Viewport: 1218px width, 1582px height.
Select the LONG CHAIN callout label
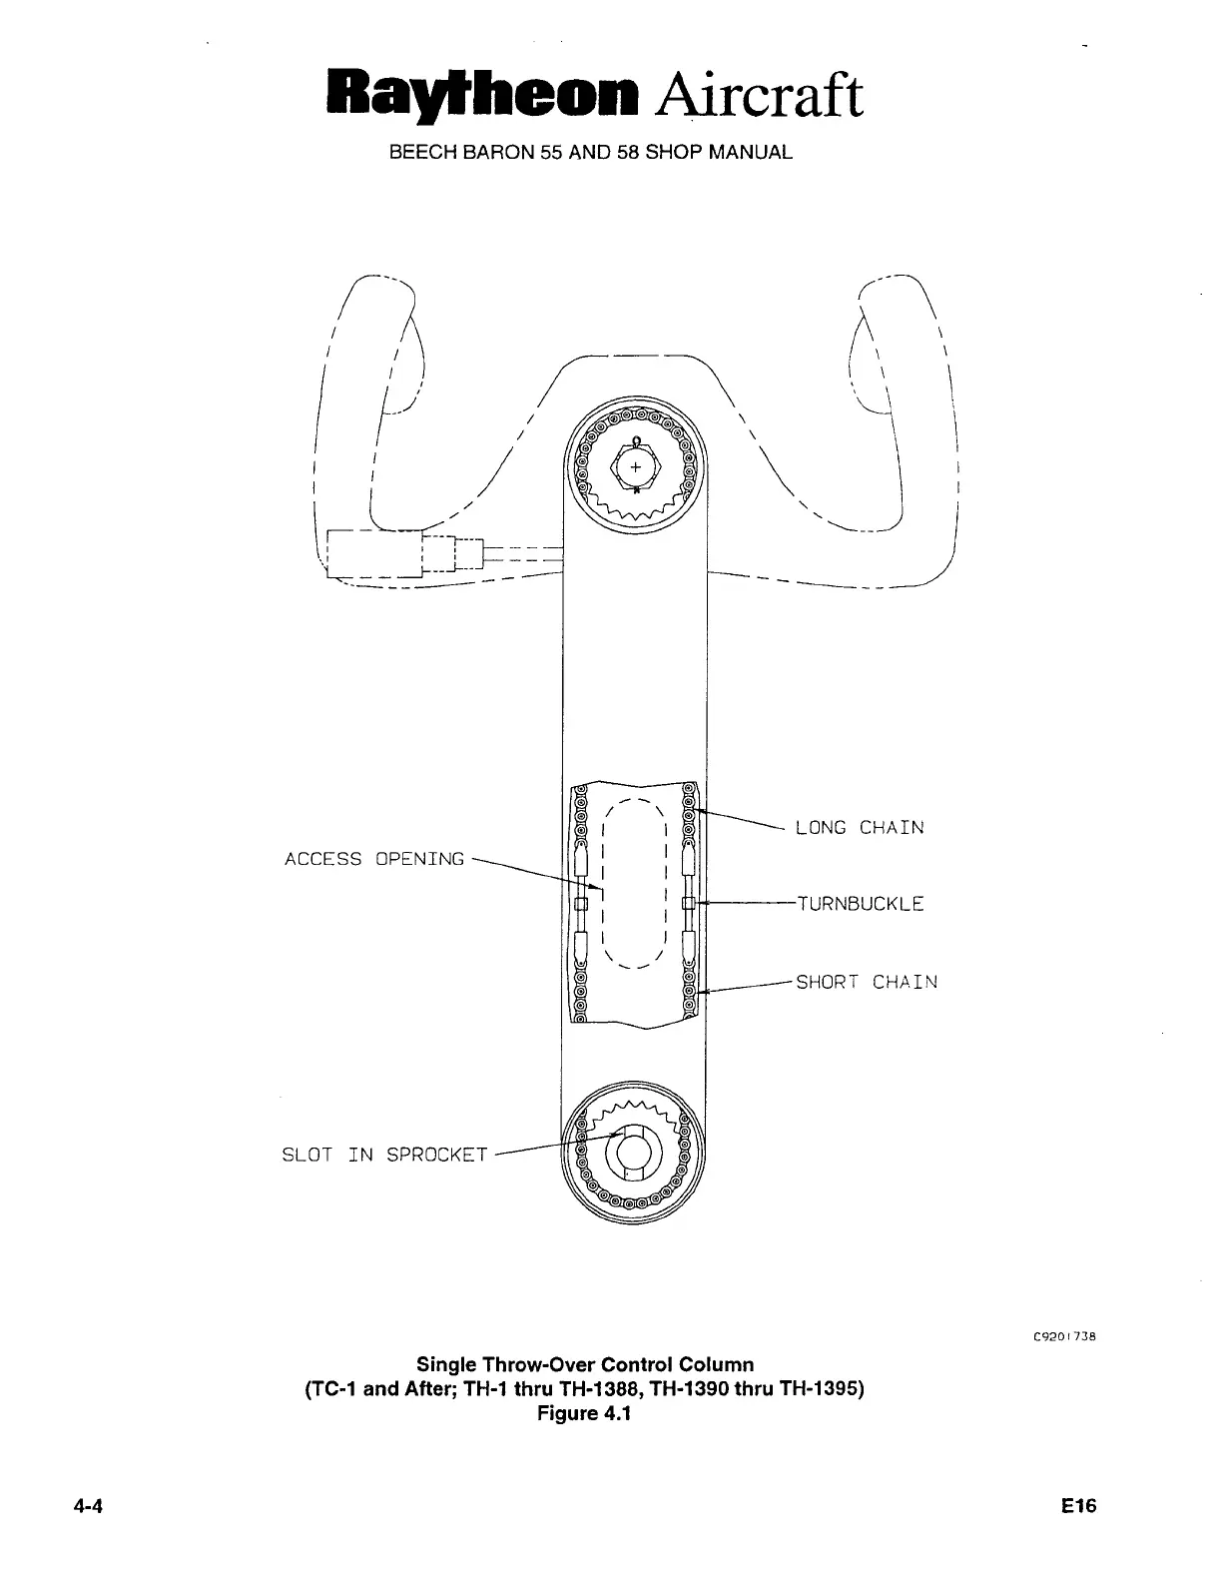click(860, 828)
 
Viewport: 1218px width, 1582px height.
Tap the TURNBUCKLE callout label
click(860, 905)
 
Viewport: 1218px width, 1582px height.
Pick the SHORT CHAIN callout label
click(867, 982)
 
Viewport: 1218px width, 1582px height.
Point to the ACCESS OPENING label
click(374, 859)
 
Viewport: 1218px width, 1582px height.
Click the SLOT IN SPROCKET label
click(384, 1156)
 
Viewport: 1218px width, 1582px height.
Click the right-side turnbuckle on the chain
click(688, 904)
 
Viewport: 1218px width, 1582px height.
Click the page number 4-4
click(88, 1507)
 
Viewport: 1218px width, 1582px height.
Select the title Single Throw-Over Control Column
click(584, 1364)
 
